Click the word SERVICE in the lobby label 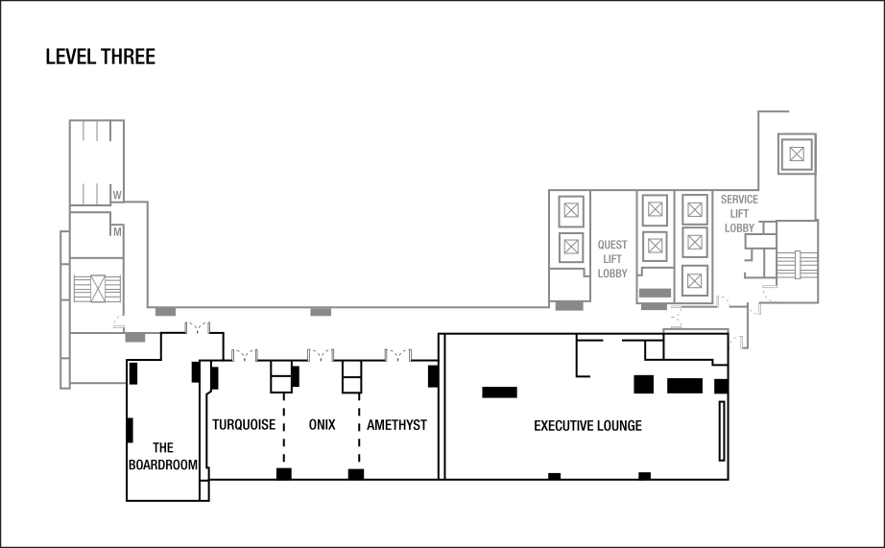pos(739,200)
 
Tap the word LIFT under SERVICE pos(739,214)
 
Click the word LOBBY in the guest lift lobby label pos(612,274)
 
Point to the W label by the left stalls pos(117,195)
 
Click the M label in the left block pos(117,231)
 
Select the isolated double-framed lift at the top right pos(797,154)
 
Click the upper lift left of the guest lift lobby pos(571,211)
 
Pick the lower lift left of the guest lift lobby pos(571,247)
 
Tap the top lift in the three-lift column pos(695,209)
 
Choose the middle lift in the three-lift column pos(695,242)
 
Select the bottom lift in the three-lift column pos(695,280)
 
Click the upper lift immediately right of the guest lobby pos(655,210)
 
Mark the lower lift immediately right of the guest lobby pos(655,246)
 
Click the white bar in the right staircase pos(798,264)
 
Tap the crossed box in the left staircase pos(98,288)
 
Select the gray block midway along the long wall pos(321,312)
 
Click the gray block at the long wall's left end pos(165,312)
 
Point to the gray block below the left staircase pos(135,337)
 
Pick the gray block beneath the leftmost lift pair pos(569,306)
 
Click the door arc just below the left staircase pos(118,322)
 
